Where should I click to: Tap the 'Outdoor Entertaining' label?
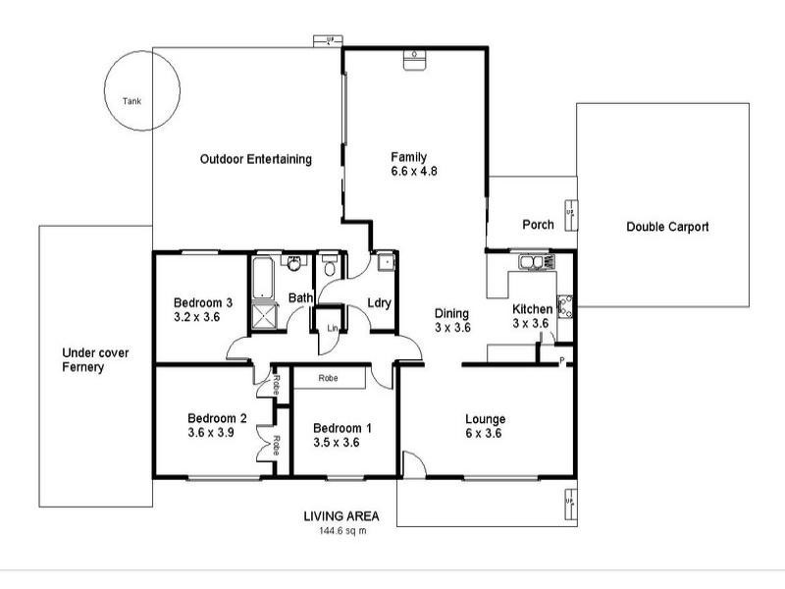pyautogui.click(x=255, y=159)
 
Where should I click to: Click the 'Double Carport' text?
pyautogui.click(x=667, y=227)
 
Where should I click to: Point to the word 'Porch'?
pyautogui.click(x=538, y=225)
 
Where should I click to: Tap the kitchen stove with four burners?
pyautogui.click(x=565, y=306)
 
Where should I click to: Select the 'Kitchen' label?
pyautogui.click(x=533, y=309)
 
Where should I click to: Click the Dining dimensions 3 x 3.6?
pyautogui.click(x=453, y=328)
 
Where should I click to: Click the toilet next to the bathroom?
pyautogui.click(x=331, y=266)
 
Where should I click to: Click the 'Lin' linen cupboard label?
pyautogui.click(x=333, y=328)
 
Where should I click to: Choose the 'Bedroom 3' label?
pyautogui.click(x=203, y=302)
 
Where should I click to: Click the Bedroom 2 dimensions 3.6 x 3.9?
pyautogui.click(x=216, y=431)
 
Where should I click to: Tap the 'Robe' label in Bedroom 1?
pyautogui.click(x=330, y=377)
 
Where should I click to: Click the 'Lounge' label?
pyautogui.click(x=485, y=419)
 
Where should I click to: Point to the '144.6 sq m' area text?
pyautogui.click(x=341, y=531)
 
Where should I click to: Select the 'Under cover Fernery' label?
pyautogui.click(x=96, y=360)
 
